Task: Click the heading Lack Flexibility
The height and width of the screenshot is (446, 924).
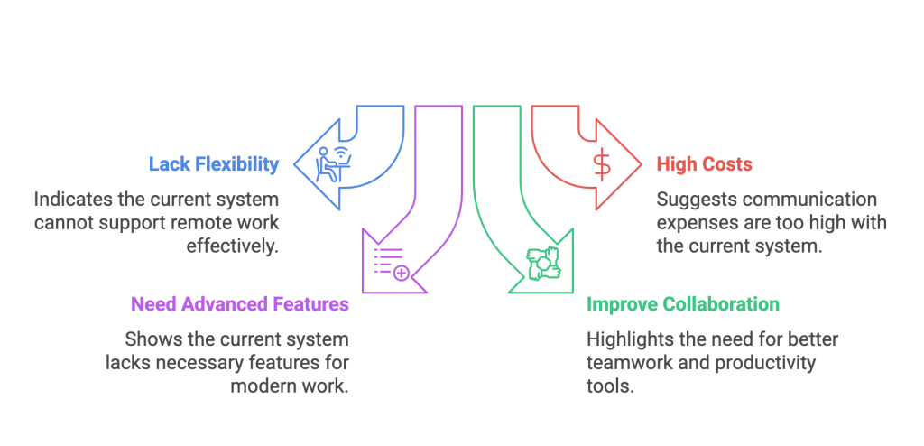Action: (214, 164)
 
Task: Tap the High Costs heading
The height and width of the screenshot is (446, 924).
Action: (704, 164)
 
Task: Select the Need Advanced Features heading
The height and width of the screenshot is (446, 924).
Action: (240, 304)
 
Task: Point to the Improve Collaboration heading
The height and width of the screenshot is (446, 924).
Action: (683, 304)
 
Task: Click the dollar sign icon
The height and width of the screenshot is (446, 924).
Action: (600, 163)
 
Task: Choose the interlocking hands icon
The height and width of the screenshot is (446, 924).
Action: (544, 262)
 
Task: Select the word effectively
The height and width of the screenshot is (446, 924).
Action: (233, 246)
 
